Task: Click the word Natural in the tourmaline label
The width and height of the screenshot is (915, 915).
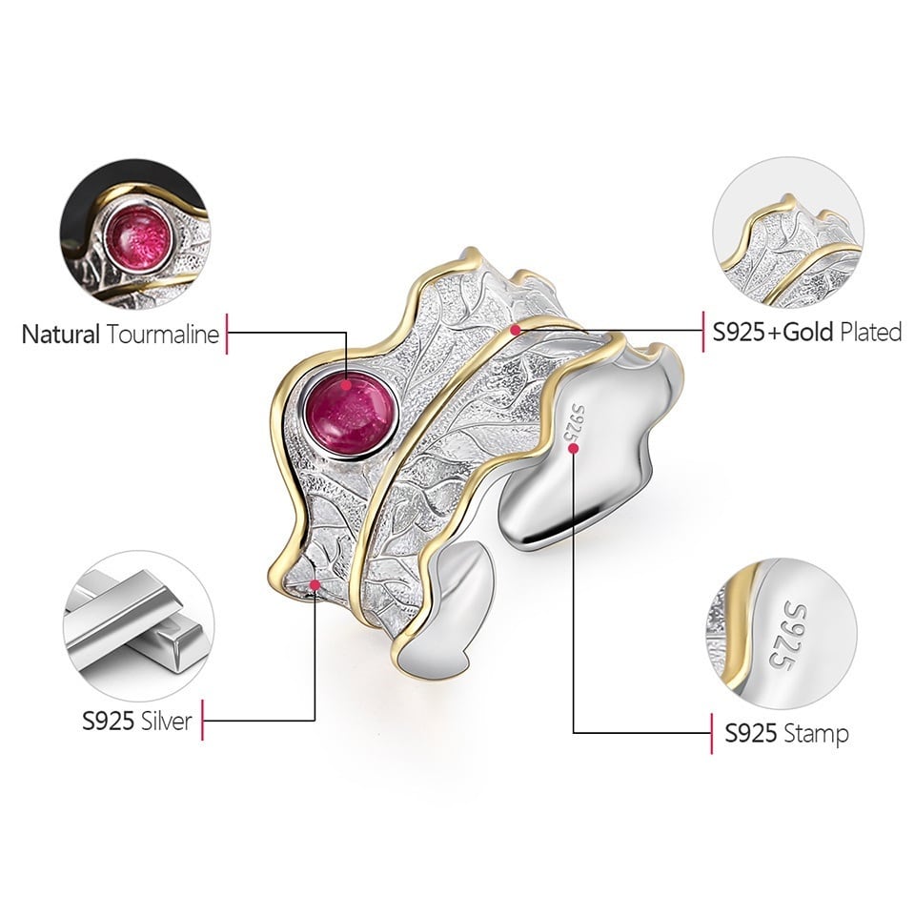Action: point(61,335)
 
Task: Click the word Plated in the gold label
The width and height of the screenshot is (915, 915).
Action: point(868,332)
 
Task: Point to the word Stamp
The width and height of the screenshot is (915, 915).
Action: point(816,733)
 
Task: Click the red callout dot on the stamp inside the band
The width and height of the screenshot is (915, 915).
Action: point(573,448)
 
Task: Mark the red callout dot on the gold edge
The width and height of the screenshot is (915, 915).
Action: point(516,329)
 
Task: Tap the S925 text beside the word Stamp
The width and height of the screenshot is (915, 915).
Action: point(751,733)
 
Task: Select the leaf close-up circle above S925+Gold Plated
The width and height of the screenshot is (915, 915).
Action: point(787,234)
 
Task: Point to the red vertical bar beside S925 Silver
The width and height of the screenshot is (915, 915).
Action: point(203,721)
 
